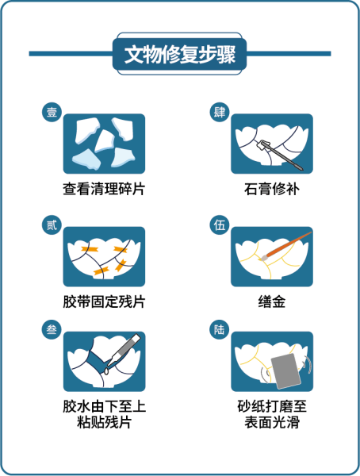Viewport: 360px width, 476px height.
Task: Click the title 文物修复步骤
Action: (x=180, y=55)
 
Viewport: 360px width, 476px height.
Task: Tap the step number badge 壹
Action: (x=52, y=112)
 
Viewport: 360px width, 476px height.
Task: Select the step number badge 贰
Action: (x=52, y=225)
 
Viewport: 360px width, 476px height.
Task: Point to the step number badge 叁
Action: (x=52, y=329)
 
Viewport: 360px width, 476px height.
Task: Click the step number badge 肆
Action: (x=220, y=112)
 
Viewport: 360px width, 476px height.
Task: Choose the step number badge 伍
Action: (x=220, y=225)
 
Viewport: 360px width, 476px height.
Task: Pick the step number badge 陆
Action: (x=220, y=329)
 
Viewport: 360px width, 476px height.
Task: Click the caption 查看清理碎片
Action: (x=104, y=189)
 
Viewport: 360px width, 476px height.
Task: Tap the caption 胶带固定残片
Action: (x=104, y=301)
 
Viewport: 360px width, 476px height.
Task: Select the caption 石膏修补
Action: (x=272, y=189)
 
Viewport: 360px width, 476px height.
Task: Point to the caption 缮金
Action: (x=272, y=301)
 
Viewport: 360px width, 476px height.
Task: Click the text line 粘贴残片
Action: (x=104, y=422)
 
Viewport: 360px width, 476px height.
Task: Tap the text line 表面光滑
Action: (x=272, y=422)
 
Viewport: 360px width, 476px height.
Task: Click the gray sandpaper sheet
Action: (x=286, y=371)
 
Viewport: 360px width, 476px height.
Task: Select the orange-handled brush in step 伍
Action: (x=285, y=246)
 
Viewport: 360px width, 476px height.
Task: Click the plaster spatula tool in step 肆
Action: (x=281, y=155)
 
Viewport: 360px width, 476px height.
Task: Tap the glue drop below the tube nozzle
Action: (x=106, y=371)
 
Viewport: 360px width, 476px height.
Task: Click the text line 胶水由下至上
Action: (x=104, y=406)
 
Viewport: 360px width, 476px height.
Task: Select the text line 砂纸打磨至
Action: (x=272, y=406)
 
